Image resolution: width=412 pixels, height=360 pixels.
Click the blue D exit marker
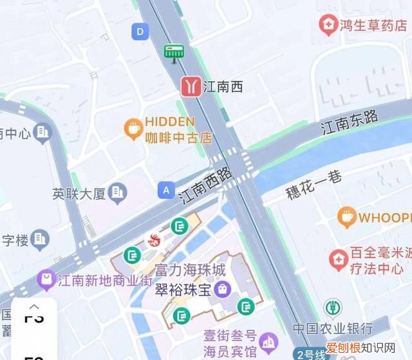click(140, 30)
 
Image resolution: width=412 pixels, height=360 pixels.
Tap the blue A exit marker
click(166, 189)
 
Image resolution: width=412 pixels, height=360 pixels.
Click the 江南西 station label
click(223, 86)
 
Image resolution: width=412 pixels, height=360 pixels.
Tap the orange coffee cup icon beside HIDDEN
click(133, 128)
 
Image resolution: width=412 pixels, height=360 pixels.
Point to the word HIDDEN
click(169, 122)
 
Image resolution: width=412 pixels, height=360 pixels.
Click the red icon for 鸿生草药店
click(328, 25)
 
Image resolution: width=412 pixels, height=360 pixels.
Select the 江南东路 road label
click(350, 122)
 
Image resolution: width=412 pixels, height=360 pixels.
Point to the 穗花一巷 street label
click(314, 185)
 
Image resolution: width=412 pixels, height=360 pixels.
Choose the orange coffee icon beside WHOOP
click(347, 217)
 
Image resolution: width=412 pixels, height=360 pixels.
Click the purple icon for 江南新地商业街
click(46, 279)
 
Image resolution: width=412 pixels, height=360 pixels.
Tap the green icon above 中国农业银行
click(333, 307)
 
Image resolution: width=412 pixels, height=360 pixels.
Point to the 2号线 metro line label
click(311, 354)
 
